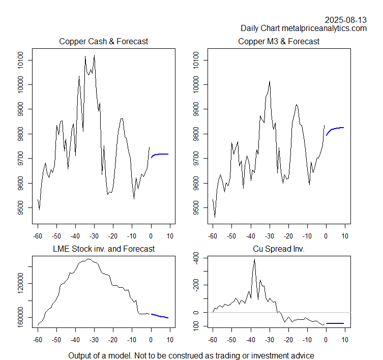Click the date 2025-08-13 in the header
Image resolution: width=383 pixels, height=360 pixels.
pos(346,20)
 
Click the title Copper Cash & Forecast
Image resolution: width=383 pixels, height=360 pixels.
pos(104,41)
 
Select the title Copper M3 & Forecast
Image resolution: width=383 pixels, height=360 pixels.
pos(279,41)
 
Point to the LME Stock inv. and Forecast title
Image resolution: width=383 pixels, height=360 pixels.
pos(104,249)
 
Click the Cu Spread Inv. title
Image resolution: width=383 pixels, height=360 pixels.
pos(279,249)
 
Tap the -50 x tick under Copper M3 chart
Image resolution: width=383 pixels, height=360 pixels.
pos(231,236)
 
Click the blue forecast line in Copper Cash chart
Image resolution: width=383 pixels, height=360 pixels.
pos(160,154)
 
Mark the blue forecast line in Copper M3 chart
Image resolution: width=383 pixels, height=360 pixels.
pos(336,129)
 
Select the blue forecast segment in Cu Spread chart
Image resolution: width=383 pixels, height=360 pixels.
pos(335,323)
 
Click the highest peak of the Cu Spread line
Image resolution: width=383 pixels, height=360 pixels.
pos(254,259)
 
